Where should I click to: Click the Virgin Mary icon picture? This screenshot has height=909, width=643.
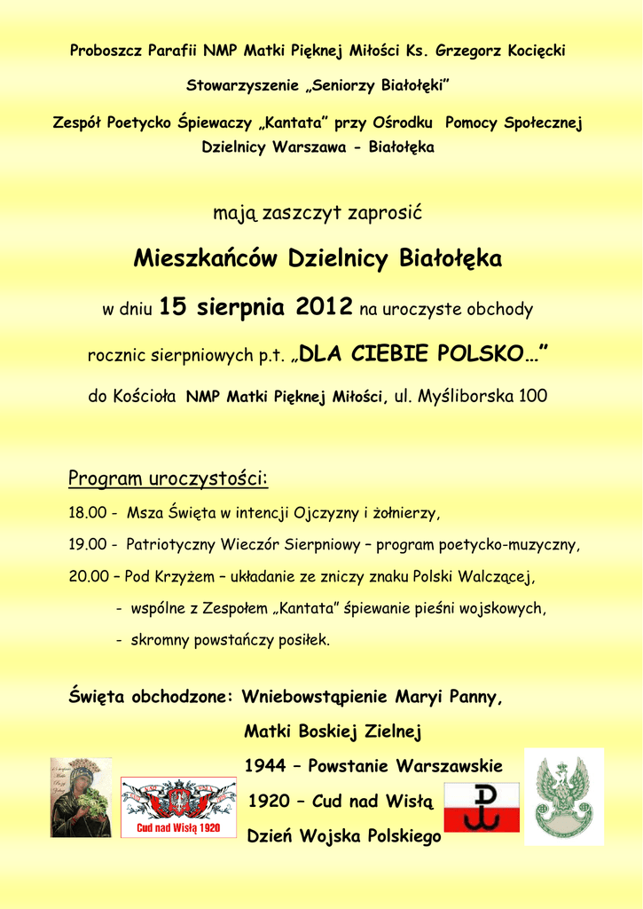(81, 797)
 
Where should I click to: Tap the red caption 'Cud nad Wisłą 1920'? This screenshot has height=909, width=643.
(178, 828)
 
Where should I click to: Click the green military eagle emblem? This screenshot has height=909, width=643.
(564, 796)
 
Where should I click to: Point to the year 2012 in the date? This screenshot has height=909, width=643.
(325, 307)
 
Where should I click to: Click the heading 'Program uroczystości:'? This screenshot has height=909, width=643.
(168, 479)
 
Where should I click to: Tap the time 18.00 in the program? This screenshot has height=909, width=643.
(88, 513)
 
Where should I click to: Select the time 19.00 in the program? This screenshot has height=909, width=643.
(88, 544)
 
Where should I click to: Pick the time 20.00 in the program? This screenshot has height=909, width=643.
(88, 576)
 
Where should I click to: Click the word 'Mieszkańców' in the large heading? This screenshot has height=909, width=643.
(207, 259)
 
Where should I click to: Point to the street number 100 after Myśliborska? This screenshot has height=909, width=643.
(533, 396)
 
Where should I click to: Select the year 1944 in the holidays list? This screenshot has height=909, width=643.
(265, 765)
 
